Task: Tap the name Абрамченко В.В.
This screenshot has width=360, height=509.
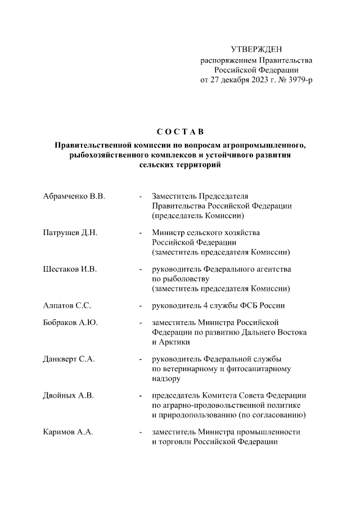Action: coord(74,196)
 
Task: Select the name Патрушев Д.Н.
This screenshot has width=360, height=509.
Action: coord(70,233)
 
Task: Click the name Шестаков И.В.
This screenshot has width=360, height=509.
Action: coord(70,269)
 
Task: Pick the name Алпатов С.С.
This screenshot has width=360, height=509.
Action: coord(67,306)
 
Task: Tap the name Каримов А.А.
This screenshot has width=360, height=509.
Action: coord(68,432)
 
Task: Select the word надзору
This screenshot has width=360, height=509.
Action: coord(166,378)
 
